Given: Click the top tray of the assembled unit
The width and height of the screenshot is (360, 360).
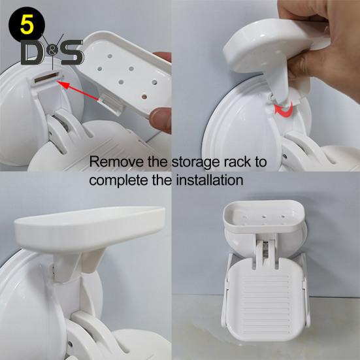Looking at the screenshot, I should (264, 217).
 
